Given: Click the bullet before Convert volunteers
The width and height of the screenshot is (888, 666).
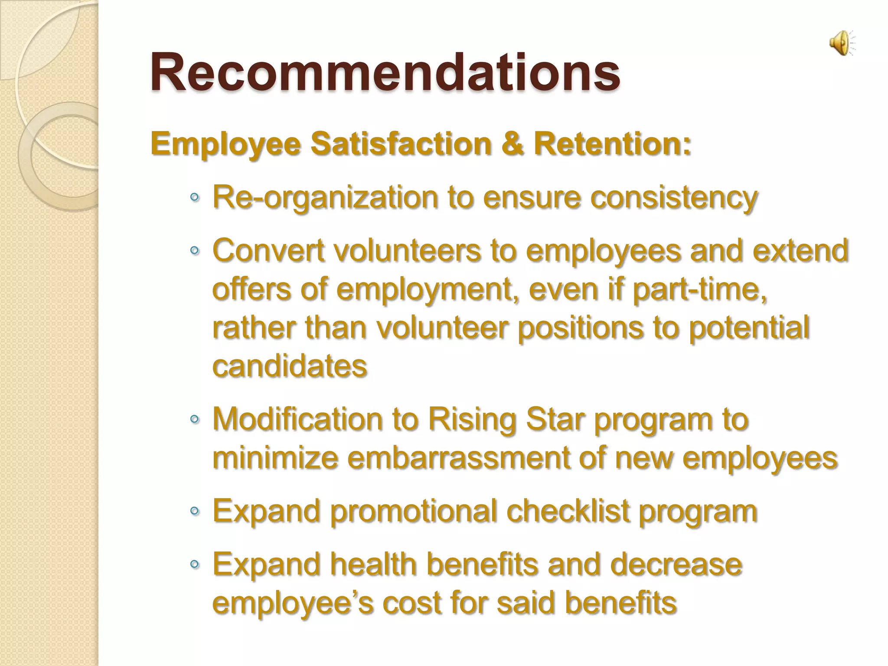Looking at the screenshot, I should [195, 251].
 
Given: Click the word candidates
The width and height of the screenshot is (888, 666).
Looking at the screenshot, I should [290, 366].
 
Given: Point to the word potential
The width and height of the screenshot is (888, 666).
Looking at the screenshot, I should [749, 328].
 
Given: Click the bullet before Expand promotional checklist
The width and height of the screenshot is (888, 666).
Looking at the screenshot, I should [195, 512].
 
